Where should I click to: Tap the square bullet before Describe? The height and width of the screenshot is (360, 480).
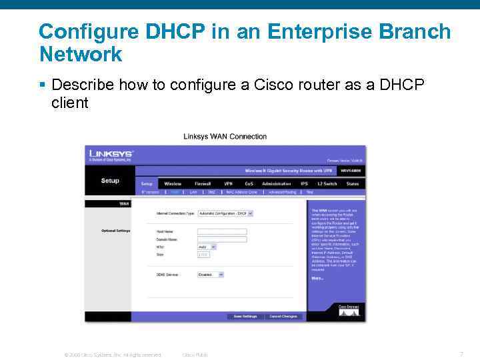[42, 85]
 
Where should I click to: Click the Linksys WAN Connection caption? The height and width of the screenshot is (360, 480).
[225, 137]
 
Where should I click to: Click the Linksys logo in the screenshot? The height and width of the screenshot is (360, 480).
[111, 155]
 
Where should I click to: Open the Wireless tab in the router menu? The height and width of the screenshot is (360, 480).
[173, 183]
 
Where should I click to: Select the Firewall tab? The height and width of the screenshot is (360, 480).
[203, 183]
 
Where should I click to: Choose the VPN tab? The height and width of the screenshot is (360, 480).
[228, 183]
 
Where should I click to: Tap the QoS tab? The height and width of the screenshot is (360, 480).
[249, 183]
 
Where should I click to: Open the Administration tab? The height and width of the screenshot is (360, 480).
[277, 183]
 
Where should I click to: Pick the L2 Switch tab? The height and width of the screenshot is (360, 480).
[327, 183]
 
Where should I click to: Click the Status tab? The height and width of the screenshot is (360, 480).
[353, 183]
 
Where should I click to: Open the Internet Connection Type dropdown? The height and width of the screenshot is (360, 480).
[226, 213]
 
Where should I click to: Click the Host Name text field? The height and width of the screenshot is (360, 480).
[222, 231]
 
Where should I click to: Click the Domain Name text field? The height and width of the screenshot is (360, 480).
[222, 239]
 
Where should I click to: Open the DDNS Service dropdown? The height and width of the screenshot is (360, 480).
[211, 274]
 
